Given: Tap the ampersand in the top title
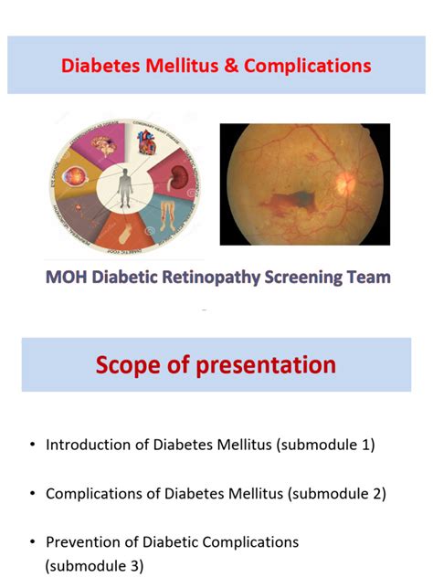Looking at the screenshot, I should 228,66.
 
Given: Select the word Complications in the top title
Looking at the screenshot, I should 307,66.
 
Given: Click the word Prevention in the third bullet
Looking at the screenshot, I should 81,542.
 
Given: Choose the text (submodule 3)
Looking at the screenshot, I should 94,565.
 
